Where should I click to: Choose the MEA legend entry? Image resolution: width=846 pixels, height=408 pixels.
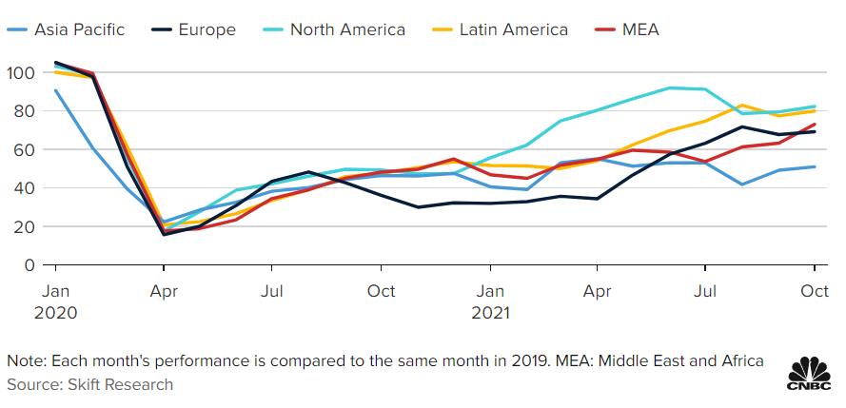[639, 29]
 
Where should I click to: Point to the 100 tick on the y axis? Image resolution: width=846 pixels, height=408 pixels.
[21, 72]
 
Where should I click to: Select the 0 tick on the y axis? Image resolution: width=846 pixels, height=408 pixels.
[29, 264]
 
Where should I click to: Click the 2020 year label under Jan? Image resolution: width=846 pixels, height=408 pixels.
[57, 312]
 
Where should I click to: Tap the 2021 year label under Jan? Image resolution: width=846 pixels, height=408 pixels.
[491, 312]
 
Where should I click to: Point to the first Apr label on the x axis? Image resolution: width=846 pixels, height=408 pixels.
[166, 290]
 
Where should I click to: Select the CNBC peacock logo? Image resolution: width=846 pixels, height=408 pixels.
[810, 373]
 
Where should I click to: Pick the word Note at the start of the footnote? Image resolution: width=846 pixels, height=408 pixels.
[25, 361]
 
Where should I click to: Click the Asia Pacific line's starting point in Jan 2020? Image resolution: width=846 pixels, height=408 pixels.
[57, 90]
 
